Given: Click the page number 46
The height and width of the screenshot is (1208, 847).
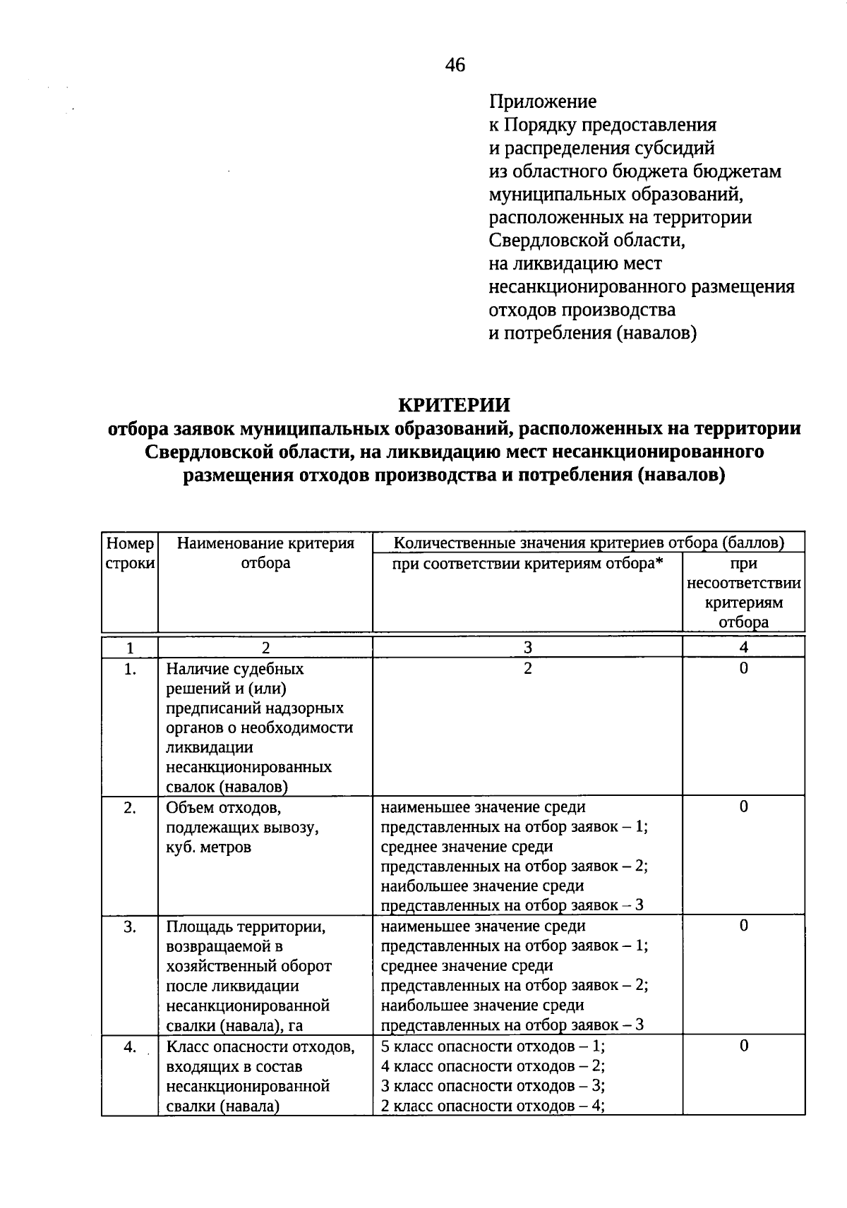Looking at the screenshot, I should (x=455, y=66).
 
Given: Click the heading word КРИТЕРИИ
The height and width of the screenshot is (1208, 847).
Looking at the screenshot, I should (x=454, y=405).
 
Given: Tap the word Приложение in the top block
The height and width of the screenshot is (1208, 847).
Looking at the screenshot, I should (x=543, y=102).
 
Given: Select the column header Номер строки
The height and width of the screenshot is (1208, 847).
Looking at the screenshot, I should (x=130, y=553).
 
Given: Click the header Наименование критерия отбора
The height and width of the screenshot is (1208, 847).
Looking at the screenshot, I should (x=265, y=553).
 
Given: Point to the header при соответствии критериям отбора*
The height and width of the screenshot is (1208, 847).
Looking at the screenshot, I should (x=527, y=564).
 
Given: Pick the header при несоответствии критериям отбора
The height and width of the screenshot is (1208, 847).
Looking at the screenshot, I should (x=743, y=593).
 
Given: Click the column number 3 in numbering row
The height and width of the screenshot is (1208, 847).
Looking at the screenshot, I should (x=527, y=648).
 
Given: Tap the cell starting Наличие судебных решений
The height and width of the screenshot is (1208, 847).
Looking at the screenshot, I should (x=259, y=727).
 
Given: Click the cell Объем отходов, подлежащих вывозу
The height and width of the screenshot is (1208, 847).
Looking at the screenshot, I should (x=243, y=827).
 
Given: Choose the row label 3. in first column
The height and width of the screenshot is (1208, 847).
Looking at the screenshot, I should (x=130, y=927).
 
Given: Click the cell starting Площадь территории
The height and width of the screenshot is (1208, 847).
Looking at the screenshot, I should (x=248, y=975).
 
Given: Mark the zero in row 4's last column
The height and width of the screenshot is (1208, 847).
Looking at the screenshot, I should (x=743, y=1046).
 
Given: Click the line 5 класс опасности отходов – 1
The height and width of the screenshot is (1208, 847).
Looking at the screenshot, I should (x=493, y=1046).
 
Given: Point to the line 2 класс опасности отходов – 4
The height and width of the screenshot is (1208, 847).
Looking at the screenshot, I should (x=493, y=1106).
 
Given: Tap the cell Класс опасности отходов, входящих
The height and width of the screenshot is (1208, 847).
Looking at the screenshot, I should (x=260, y=1075).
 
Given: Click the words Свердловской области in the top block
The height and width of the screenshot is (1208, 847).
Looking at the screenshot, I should (x=587, y=241).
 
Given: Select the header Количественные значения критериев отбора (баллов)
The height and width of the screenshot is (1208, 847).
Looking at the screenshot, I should (x=588, y=543).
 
